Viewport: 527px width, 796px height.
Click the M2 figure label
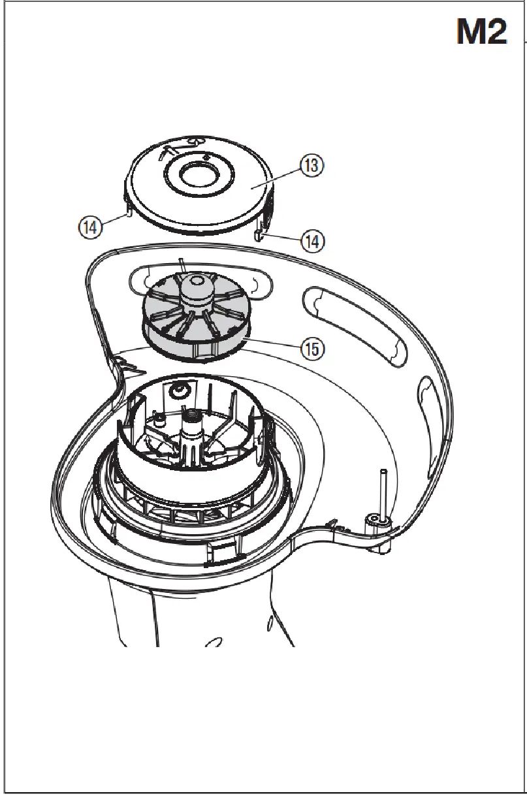(482, 32)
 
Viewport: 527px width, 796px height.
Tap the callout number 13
(311, 166)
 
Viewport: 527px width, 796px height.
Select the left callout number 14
(90, 227)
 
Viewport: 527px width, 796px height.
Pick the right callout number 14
(311, 241)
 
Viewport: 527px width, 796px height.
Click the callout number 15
(311, 349)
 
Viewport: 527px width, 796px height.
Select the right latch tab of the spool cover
(260, 231)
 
